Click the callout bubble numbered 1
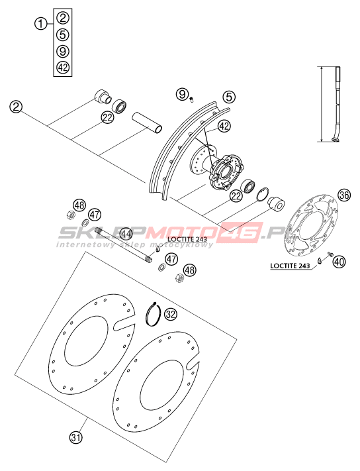coord(41,23)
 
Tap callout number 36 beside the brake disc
coord(344,195)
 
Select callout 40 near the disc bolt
coord(339,262)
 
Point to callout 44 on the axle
coord(126,234)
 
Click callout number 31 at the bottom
coord(76,437)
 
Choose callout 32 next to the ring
coord(171,314)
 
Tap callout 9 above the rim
coord(183,95)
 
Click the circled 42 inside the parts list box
coord(63,68)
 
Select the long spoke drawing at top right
coord(337,103)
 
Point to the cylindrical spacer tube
coord(148,123)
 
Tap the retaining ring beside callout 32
coord(154,313)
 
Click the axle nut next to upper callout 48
coord(71,215)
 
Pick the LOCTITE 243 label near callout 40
coord(290,266)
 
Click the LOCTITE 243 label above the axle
coord(187,239)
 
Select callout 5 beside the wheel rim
coord(229,97)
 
